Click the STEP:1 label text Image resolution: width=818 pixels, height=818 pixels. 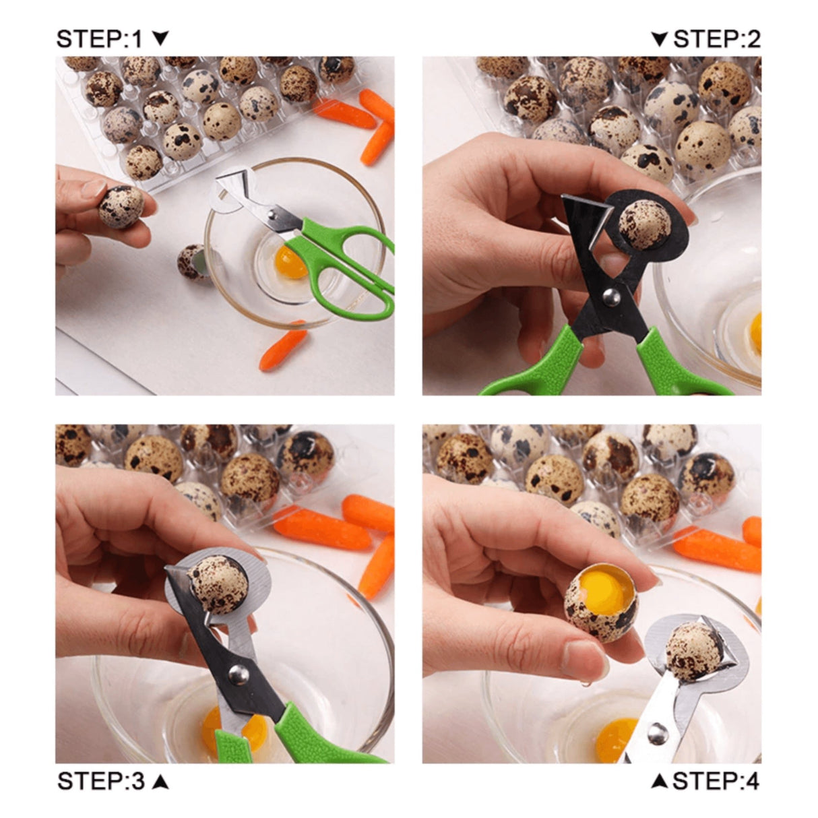click(100, 39)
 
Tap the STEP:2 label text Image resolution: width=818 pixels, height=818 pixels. click(717, 39)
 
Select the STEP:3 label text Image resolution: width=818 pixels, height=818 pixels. click(101, 781)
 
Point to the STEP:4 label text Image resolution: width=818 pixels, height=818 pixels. click(716, 781)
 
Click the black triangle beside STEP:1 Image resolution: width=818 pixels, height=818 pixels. click(160, 38)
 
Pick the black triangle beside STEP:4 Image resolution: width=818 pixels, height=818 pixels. click(660, 782)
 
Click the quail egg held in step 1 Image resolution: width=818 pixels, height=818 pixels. click(121, 206)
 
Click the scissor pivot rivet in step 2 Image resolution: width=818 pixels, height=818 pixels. click(611, 294)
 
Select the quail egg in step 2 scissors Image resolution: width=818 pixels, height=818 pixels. click(644, 224)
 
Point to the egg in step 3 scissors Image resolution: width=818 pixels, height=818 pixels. click(218, 584)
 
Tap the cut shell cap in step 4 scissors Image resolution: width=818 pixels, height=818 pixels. click(694, 651)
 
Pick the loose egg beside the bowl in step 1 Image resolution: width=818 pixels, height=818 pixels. click(191, 261)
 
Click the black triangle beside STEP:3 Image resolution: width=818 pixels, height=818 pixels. click(160, 782)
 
